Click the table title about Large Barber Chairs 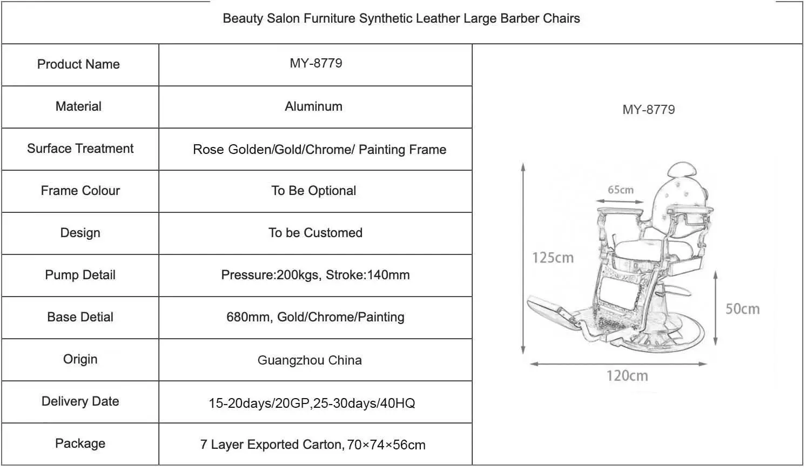[401, 18]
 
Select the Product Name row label [78, 64]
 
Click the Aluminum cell [313, 106]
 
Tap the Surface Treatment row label [80, 149]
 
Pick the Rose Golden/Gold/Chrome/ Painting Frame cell [319, 150]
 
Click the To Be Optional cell [313, 191]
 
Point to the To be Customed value [315, 233]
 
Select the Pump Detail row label [80, 275]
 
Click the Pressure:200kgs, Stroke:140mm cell [315, 275]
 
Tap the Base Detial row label [80, 317]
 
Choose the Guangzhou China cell [310, 360]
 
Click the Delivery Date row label [80, 401]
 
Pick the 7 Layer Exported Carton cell [313, 445]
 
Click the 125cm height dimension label [553, 258]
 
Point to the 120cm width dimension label [627, 375]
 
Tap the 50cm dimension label [742, 309]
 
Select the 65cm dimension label [620, 190]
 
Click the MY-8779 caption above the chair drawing [648, 110]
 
